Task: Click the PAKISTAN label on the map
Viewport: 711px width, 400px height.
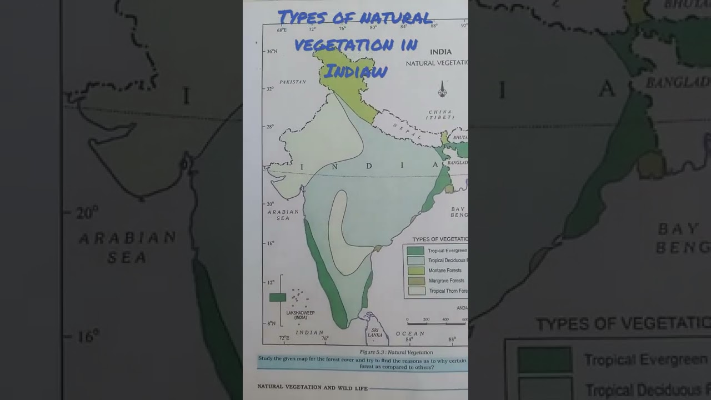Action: click(292, 82)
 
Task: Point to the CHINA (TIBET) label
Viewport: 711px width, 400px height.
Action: click(440, 114)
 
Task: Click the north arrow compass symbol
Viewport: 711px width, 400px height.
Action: click(442, 89)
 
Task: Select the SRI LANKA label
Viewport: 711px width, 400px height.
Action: click(375, 333)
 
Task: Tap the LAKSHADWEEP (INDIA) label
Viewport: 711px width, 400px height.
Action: click(300, 315)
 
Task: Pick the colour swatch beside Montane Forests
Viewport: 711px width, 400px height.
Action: click(415, 271)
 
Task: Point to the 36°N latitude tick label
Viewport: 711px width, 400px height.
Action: click(272, 51)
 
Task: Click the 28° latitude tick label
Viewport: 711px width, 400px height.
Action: click(270, 127)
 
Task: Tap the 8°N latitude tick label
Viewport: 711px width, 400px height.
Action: click(271, 323)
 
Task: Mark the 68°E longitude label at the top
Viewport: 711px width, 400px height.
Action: click(282, 29)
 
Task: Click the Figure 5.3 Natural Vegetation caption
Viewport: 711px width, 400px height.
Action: click(395, 352)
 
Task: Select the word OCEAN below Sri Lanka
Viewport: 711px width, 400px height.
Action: click(409, 334)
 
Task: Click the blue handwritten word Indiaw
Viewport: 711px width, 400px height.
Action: click(355, 71)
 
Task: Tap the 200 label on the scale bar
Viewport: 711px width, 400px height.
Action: click(426, 319)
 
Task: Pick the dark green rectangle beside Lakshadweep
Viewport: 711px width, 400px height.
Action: click(277, 297)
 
